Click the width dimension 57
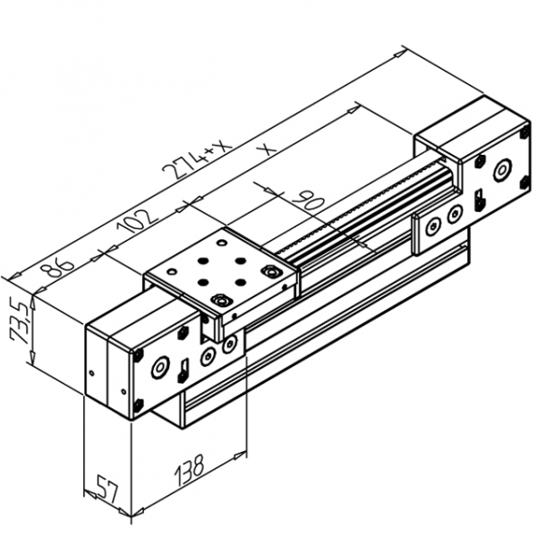107,491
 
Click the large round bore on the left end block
161,367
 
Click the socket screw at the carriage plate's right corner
268,271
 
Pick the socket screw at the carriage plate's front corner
220,301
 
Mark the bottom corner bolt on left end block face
138,407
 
